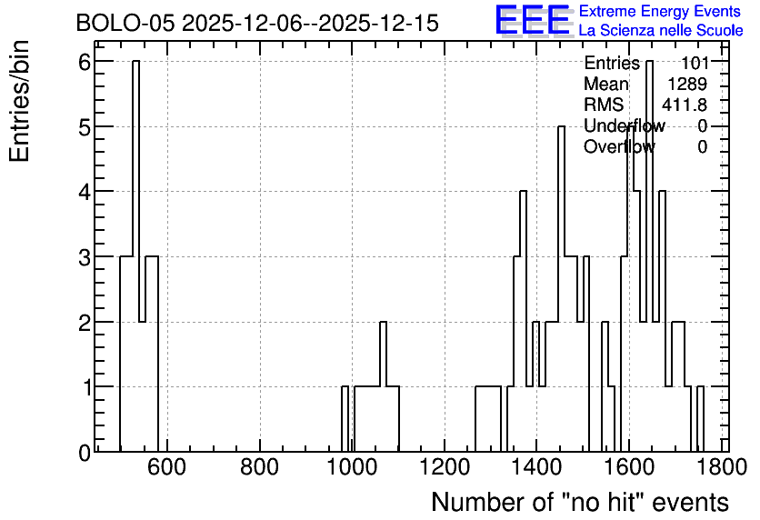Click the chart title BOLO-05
click(x=125, y=24)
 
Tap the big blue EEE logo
click(x=532, y=20)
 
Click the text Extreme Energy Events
click(x=660, y=11)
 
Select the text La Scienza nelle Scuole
click(x=661, y=31)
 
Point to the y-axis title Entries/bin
click(x=20, y=101)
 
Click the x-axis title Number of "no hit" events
click(x=580, y=502)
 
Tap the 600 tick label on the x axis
click(x=166, y=467)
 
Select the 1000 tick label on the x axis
click(x=352, y=467)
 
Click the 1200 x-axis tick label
click(x=444, y=467)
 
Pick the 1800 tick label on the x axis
click(x=721, y=467)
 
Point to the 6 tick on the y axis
click(x=85, y=62)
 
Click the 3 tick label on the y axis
click(x=85, y=257)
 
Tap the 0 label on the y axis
click(x=85, y=453)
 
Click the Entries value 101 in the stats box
click(x=695, y=63)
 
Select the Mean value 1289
click(x=687, y=84)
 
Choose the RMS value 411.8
click(x=685, y=105)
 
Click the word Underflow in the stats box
click(x=625, y=125)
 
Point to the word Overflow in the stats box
click(x=619, y=146)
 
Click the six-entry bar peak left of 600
click(x=135, y=61)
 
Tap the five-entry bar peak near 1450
click(x=561, y=126)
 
